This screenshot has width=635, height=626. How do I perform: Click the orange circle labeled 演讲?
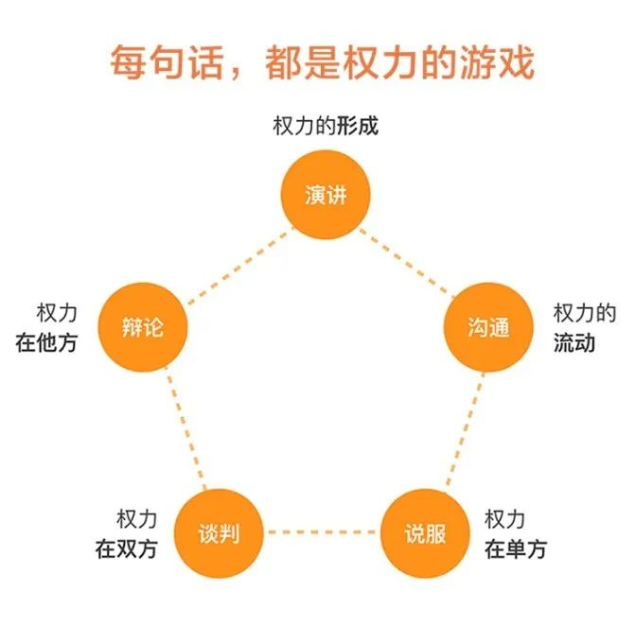[x=326, y=195]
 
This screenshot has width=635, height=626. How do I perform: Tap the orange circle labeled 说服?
[x=424, y=533]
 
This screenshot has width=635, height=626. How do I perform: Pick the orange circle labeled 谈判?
[x=220, y=533]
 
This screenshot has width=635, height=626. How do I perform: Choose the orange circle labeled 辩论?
[x=144, y=327]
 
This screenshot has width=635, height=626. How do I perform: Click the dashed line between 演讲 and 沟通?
[x=407, y=261]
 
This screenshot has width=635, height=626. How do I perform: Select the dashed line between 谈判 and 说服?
[x=322, y=533]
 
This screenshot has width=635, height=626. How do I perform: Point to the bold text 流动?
[x=574, y=342]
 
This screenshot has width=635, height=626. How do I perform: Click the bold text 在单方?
[x=515, y=548]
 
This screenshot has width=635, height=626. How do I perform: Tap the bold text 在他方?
[x=46, y=342]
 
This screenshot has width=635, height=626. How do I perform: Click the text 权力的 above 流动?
[x=585, y=313]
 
